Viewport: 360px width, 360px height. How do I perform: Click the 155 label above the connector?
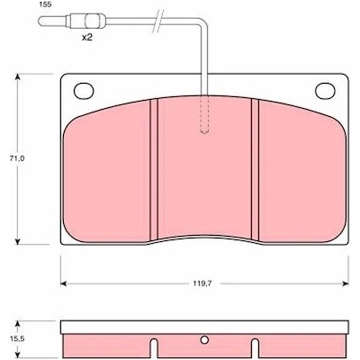coord(45,4)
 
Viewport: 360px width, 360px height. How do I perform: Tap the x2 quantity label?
coord(86,38)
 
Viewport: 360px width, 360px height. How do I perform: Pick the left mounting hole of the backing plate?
coord(84,91)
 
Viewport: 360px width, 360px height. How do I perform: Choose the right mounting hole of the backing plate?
coord(325,91)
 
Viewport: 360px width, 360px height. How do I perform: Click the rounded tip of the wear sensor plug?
coord(40,22)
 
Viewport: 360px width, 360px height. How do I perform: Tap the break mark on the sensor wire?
coord(158,21)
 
